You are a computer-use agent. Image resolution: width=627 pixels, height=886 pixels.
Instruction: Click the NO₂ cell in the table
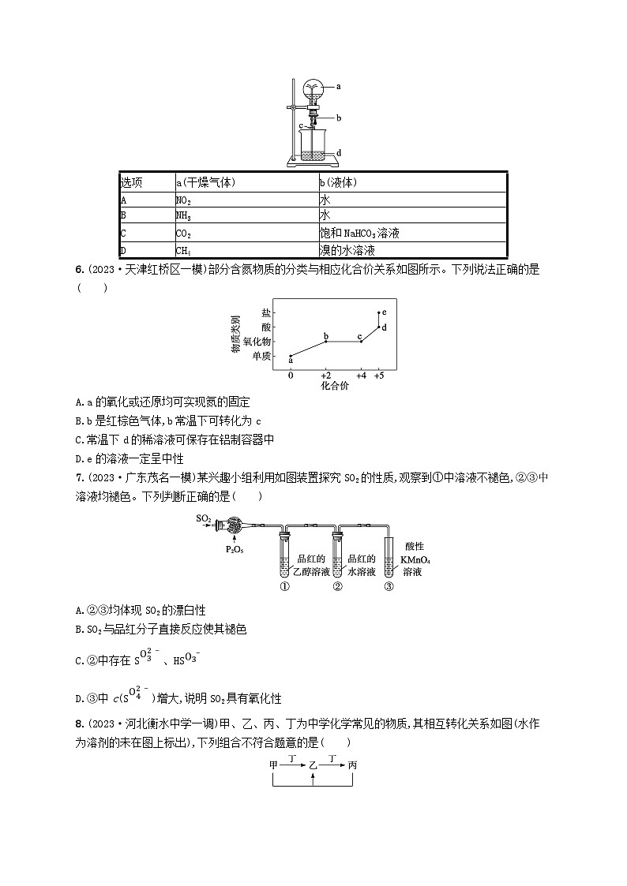point(183,200)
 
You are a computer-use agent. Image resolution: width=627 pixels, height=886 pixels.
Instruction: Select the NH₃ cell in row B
point(183,217)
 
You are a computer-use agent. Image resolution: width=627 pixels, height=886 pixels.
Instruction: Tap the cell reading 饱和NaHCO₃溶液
point(355,234)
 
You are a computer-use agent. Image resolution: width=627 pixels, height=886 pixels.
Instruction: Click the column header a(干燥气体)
point(205,183)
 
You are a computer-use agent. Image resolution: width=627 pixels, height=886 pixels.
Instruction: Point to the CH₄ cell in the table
point(183,252)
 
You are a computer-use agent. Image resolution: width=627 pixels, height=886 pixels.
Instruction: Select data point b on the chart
point(325,341)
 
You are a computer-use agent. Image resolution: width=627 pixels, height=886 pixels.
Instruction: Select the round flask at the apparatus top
point(313,88)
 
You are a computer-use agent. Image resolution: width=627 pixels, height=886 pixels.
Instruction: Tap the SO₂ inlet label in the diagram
point(204,518)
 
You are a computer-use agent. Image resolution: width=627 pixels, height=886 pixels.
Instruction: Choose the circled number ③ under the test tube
point(389,586)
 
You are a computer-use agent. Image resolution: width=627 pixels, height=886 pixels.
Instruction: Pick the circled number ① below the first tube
point(284,586)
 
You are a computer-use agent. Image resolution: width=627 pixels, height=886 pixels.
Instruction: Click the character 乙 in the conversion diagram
point(313,765)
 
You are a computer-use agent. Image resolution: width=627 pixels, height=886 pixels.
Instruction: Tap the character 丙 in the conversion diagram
point(353,765)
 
